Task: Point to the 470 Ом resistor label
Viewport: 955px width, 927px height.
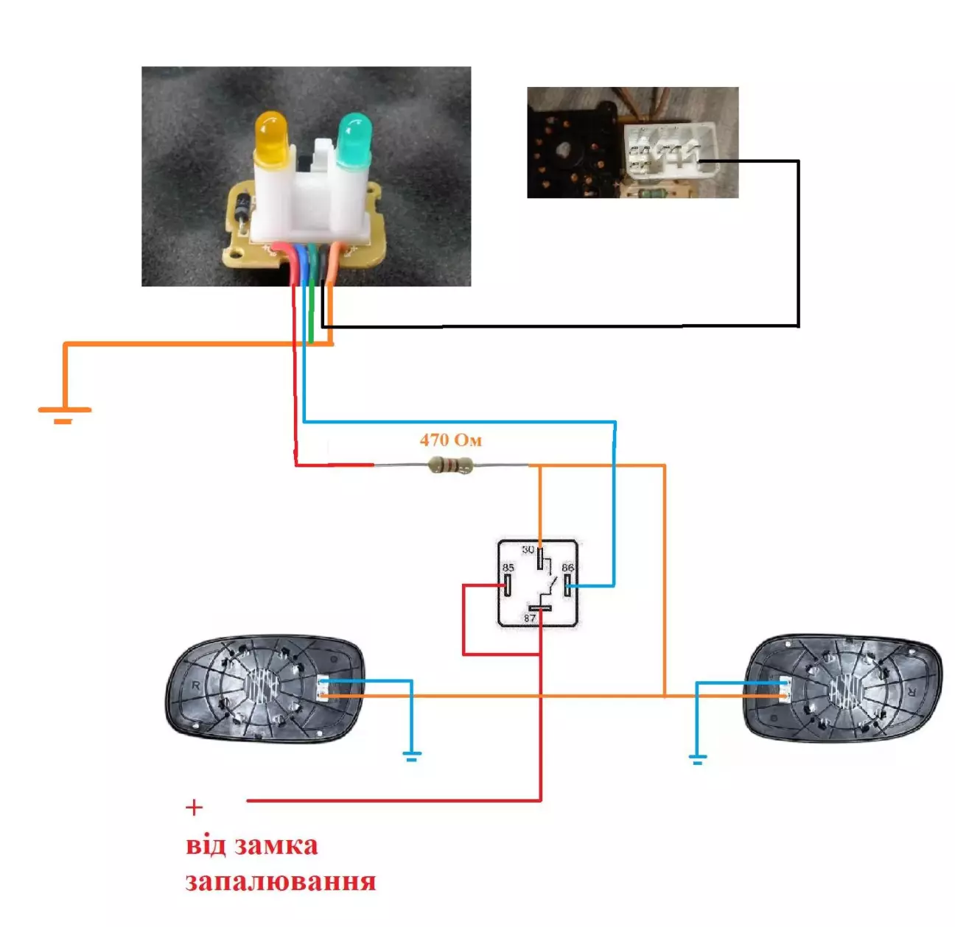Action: click(x=450, y=440)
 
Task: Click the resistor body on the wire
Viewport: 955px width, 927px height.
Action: click(x=450, y=465)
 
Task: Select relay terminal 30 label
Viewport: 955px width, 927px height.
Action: click(x=528, y=550)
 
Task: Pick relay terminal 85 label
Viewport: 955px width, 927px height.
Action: click(x=508, y=568)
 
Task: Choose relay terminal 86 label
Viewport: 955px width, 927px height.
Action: click(x=567, y=568)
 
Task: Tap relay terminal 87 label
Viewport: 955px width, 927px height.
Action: click(x=530, y=618)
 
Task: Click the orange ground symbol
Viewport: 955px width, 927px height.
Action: click(x=64, y=415)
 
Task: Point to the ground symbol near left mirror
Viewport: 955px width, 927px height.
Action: click(x=411, y=755)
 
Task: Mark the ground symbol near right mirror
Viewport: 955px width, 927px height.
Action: click(x=697, y=759)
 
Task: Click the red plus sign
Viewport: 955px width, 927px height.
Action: click(x=194, y=808)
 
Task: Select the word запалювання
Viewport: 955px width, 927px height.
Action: click(x=280, y=881)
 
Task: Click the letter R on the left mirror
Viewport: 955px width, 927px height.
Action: click(x=196, y=685)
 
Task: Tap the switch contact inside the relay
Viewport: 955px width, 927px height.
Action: click(x=549, y=587)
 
